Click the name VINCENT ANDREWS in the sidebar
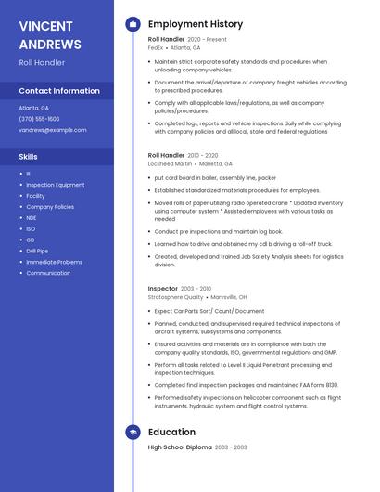(x=50, y=34)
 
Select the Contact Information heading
(x=59, y=91)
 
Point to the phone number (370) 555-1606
(x=39, y=119)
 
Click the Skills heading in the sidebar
(x=28, y=157)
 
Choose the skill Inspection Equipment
(x=55, y=185)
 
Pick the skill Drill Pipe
(x=37, y=251)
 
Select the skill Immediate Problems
(x=54, y=262)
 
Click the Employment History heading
(x=195, y=24)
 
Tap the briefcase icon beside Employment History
(x=133, y=24)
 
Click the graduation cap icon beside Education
(x=133, y=432)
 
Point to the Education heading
(x=171, y=432)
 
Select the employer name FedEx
(x=156, y=47)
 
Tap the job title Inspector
(x=164, y=289)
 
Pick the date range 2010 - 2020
(x=203, y=155)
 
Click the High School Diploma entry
(x=179, y=447)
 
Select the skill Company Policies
(x=50, y=207)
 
